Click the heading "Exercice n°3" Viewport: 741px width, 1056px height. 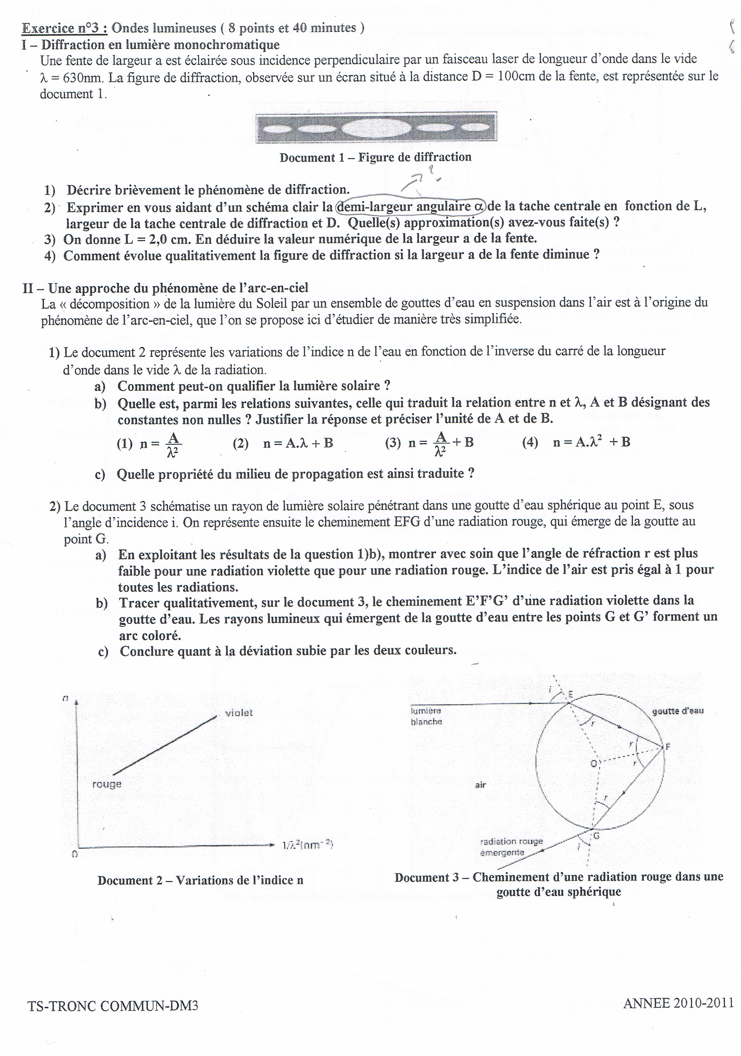65,29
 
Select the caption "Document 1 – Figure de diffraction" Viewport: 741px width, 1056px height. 375,157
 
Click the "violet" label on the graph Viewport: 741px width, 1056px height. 238,713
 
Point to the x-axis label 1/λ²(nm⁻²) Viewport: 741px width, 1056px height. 307,845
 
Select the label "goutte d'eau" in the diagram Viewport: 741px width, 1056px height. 677,711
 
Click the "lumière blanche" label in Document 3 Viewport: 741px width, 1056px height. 426,716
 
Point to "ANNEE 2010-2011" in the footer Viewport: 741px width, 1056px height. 678,1003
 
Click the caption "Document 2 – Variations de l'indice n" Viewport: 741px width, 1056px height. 200,880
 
